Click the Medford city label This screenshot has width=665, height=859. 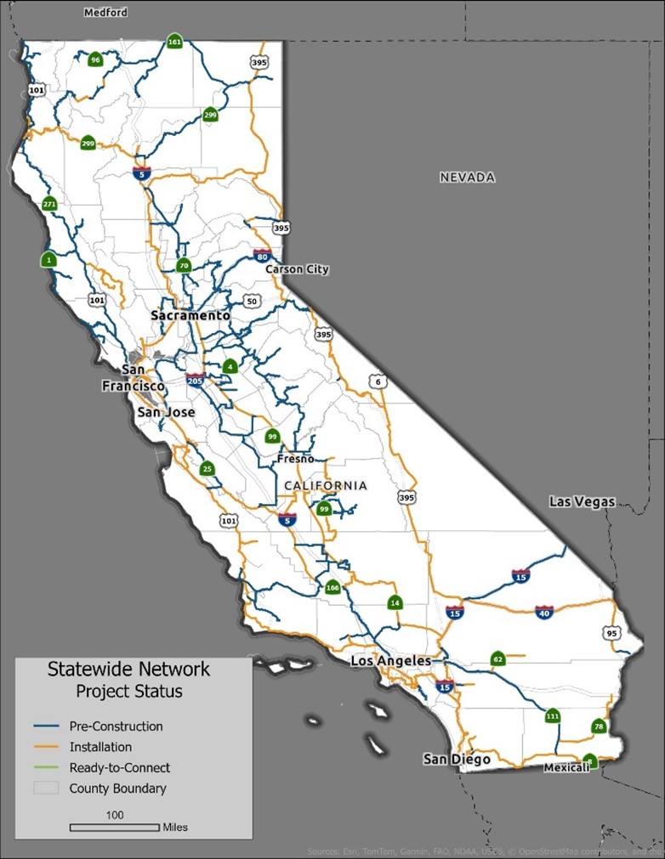click(x=105, y=13)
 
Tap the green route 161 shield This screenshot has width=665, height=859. click(x=174, y=42)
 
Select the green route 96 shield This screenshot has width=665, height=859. click(x=94, y=59)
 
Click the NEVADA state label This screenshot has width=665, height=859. click(x=467, y=178)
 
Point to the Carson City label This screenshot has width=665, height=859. click(x=297, y=269)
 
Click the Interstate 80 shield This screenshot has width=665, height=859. click(x=262, y=256)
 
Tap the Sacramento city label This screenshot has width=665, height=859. click(x=190, y=315)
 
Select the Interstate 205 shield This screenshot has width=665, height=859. click(x=196, y=379)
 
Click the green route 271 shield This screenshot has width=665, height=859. click(x=48, y=204)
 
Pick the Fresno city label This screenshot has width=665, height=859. click(x=296, y=459)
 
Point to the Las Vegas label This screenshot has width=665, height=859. click(x=582, y=501)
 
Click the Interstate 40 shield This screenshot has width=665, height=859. click(x=544, y=612)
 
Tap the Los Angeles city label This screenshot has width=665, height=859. click(x=391, y=661)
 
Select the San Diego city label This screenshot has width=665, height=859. click(x=457, y=759)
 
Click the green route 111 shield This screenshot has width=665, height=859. click(x=553, y=716)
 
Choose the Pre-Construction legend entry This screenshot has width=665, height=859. click(x=116, y=726)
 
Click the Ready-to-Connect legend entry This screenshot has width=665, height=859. click(x=119, y=767)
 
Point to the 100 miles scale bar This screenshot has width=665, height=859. click(x=114, y=827)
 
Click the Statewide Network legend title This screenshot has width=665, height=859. click(x=128, y=670)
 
